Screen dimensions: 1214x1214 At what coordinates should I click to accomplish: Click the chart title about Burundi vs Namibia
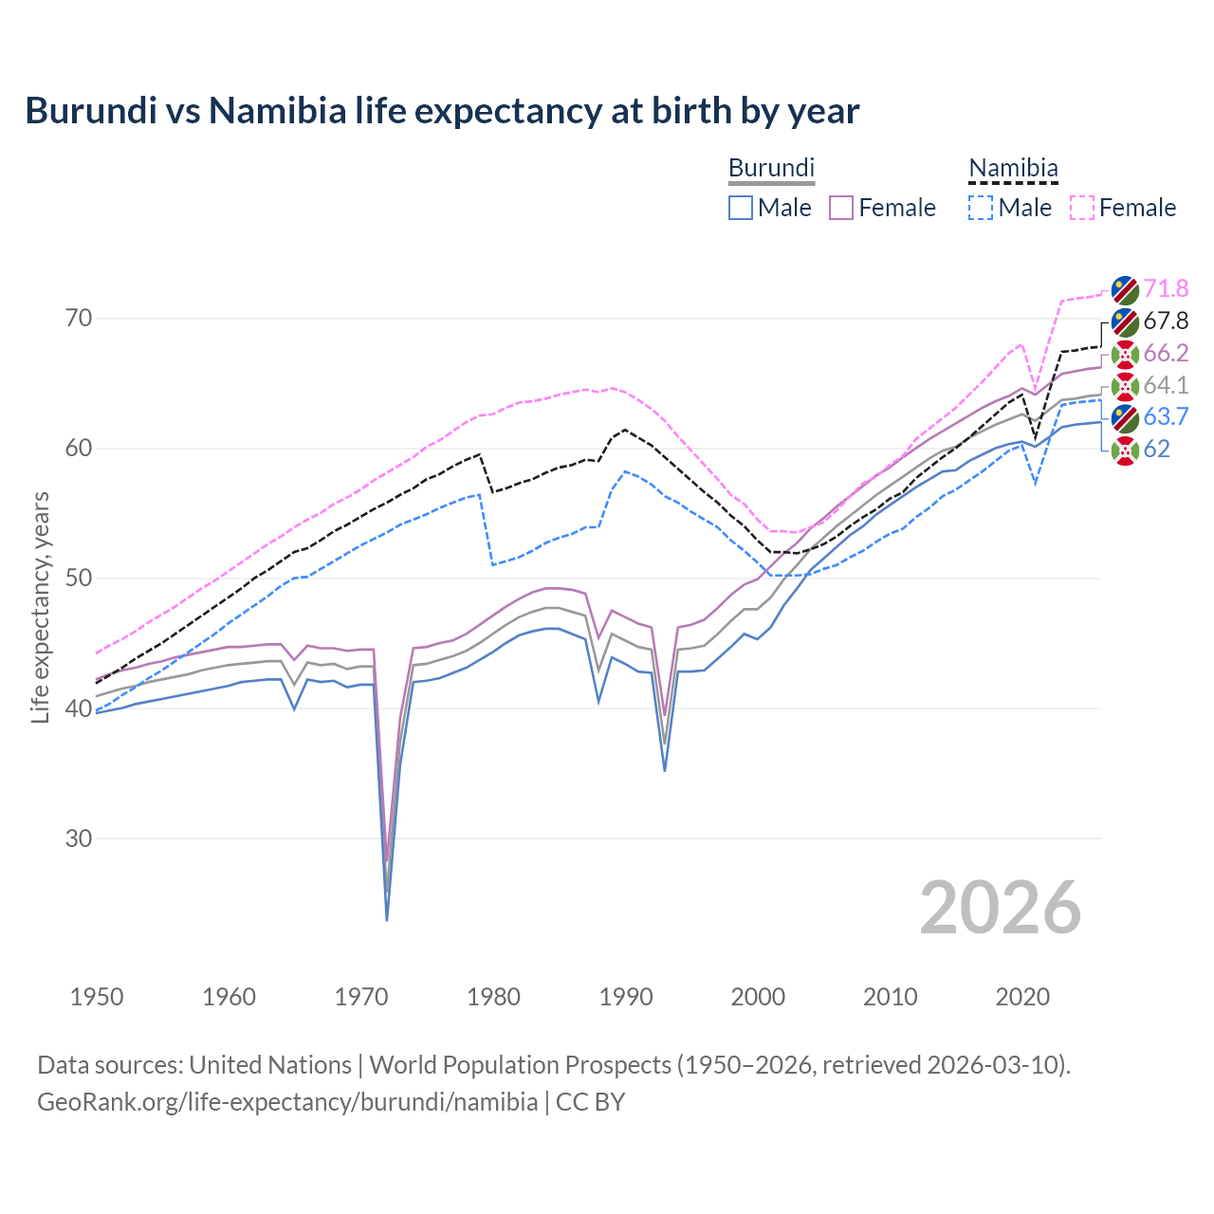tap(442, 111)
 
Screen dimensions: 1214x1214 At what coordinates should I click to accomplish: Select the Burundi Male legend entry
tap(770, 208)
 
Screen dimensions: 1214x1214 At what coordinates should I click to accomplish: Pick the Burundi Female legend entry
tap(883, 208)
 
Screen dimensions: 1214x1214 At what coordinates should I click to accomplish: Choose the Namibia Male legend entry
tap(1010, 208)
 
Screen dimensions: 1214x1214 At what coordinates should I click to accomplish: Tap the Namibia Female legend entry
tap(1123, 208)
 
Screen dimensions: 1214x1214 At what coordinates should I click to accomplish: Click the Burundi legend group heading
tap(771, 168)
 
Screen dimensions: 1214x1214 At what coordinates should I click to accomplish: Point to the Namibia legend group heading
tap(1013, 168)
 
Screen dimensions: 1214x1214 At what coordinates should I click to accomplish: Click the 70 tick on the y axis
tap(79, 318)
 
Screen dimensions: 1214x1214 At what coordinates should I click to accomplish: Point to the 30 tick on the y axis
tap(79, 838)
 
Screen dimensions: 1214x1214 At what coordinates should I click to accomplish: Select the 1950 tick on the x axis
tap(97, 997)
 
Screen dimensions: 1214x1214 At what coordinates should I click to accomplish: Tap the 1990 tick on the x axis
tap(626, 997)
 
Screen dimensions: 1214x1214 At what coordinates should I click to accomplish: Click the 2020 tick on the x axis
tap(1022, 997)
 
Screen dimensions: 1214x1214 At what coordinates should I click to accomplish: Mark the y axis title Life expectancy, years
tap(41, 607)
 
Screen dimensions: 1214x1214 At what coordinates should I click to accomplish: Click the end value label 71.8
tap(1166, 288)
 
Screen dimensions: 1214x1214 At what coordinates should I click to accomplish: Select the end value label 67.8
tap(1166, 321)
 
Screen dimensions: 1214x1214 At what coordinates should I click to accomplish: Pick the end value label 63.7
tap(1166, 416)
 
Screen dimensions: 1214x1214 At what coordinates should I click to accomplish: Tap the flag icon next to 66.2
tap(1125, 354)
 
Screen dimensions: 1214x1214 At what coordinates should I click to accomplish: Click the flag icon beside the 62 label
tap(1125, 450)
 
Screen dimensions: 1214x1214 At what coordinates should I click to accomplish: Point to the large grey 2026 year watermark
tap(1001, 908)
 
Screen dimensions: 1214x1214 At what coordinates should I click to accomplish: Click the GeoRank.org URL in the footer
tap(287, 1102)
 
